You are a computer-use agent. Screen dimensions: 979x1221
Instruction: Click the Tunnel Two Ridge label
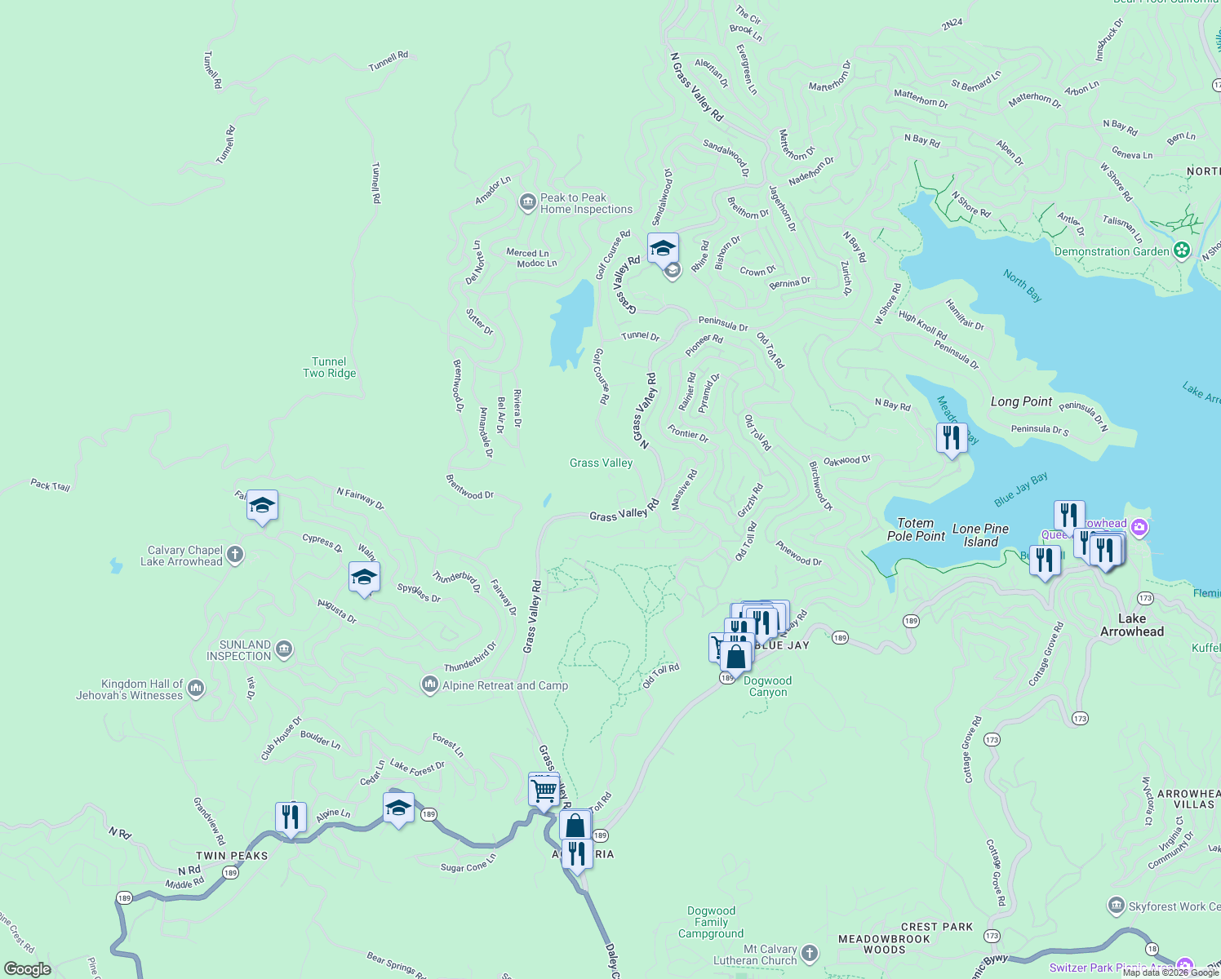click(x=329, y=368)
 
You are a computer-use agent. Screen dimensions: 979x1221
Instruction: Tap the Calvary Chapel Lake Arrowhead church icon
click(x=235, y=556)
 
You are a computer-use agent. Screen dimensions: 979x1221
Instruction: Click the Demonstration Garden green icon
click(x=1181, y=250)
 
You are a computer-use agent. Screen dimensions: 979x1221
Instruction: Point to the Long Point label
click(x=1021, y=401)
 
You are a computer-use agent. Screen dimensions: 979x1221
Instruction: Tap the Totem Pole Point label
click(x=916, y=529)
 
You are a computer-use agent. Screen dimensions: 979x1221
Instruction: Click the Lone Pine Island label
click(x=980, y=535)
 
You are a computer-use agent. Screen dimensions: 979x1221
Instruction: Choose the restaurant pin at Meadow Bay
click(x=951, y=438)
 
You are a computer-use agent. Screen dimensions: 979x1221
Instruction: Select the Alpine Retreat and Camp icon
click(x=430, y=685)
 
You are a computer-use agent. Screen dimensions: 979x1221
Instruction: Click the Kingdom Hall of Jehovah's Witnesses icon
click(x=196, y=689)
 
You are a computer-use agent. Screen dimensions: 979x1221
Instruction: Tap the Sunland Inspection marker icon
click(x=283, y=649)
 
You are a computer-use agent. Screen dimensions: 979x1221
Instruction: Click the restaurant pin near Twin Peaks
click(x=291, y=817)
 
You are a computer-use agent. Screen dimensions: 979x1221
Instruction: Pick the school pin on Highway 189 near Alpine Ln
click(x=398, y=808)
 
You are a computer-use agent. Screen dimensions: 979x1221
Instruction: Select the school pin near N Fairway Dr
click(x=262, y=506)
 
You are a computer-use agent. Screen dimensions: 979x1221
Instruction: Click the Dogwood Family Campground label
click(x=711, y=922)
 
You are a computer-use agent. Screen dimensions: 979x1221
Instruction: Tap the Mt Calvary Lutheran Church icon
click(x=809, y=953)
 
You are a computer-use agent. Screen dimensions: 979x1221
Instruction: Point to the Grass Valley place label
click(x=601, y=463)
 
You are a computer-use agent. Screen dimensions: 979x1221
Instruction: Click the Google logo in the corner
click(x=28, y=969)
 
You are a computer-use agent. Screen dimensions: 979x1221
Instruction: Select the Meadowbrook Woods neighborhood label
click(x=884, y=944)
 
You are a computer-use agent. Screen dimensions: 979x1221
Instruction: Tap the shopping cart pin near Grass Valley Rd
click(x=544, y=789)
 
